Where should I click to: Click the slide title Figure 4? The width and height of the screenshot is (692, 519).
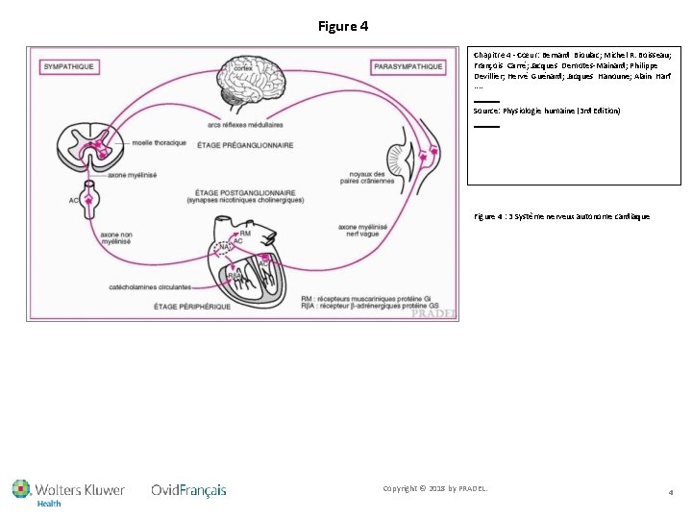point(343,26)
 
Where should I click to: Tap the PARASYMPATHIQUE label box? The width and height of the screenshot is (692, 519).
point(408,66)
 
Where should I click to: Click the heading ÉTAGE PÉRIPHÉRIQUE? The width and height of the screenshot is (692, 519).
point(192,307)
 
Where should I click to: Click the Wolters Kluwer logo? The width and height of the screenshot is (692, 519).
point(68,491)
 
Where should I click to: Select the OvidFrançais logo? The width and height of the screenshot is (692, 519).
point(188,490)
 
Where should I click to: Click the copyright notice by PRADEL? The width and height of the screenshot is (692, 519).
point(435,489)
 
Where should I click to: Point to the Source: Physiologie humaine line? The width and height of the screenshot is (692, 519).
point(547,111)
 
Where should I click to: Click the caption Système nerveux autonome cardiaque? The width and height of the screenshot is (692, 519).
point(562,216)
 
